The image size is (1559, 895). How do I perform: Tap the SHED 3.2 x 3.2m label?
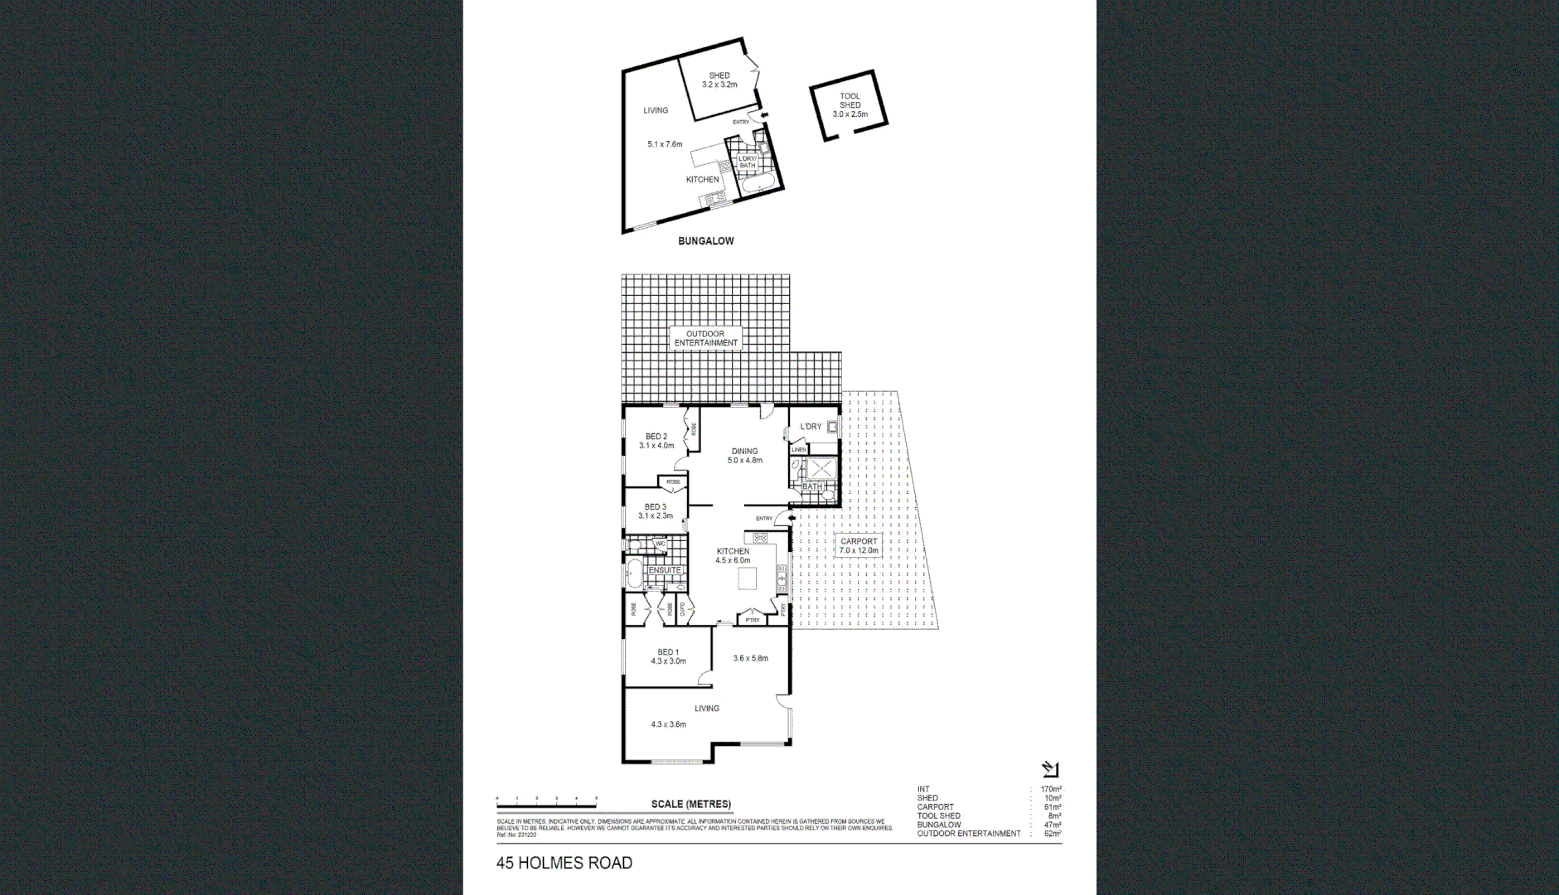coord(719,80)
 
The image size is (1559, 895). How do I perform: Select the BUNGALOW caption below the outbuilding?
coord(705,241)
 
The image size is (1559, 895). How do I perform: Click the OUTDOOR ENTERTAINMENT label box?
coord(705,338)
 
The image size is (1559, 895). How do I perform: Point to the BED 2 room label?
coord(656,441)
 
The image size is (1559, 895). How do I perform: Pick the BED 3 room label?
coord(655,511)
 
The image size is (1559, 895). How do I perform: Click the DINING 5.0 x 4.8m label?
coord(744,456)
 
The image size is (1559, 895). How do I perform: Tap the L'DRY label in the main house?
coord(811,427)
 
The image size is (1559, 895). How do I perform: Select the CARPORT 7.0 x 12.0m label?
coord(858,545)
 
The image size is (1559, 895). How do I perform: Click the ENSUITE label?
coord(665,570)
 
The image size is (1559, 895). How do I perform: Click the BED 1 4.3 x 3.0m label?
coord(667,656)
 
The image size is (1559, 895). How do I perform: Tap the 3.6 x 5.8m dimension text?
coord(750,659)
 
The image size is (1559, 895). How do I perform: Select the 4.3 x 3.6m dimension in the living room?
coord(668,724)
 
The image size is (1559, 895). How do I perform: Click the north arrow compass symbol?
coord(1050,770)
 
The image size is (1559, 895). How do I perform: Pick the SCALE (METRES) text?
coord(691,804)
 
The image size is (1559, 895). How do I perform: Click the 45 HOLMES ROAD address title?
coord(564,864)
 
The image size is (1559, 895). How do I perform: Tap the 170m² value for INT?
coord(1051,790)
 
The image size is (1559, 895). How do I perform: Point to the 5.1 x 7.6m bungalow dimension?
coord(665,144)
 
